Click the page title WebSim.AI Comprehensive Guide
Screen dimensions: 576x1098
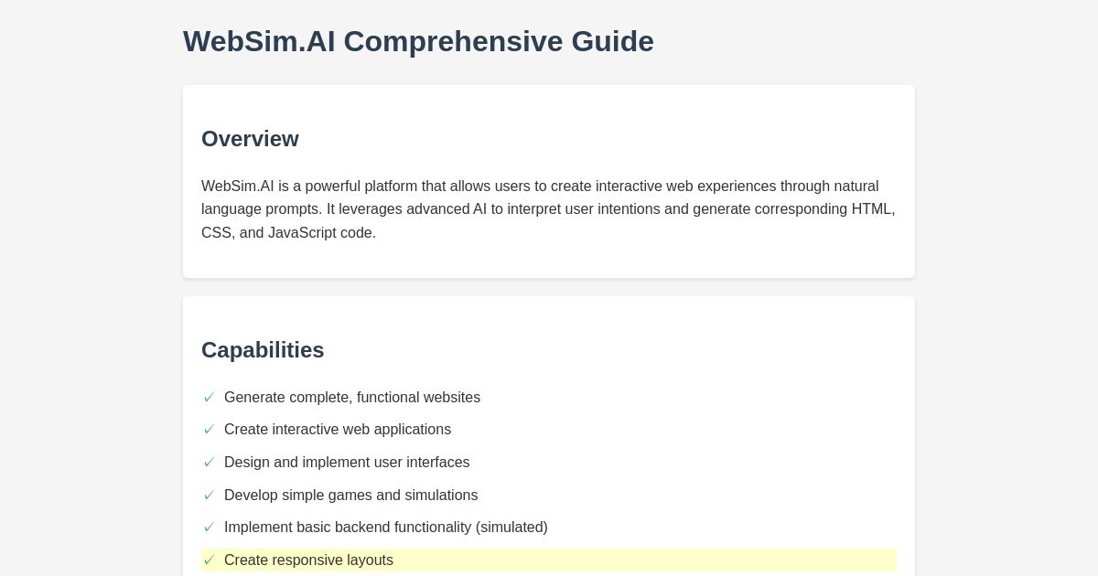click(418, 42)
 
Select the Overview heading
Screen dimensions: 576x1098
click(250, 139)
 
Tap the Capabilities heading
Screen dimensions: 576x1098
click(263, 350)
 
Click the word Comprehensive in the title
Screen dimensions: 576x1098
click(453, 42)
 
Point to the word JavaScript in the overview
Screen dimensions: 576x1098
click(302, 233)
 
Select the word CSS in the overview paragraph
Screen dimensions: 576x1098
click(216, 233)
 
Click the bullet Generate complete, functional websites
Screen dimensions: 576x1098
click(352, 398)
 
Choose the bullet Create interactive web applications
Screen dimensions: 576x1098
click(338, 430)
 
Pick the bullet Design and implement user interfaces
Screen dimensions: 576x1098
click(347, 463)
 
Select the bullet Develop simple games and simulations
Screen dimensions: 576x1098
click(350, 496)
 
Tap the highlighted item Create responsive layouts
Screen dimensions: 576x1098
click(308, 560)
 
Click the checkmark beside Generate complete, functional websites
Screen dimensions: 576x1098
click(209, 398)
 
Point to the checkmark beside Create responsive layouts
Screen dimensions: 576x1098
click(209, 560)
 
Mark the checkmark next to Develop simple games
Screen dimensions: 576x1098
click(209, 496)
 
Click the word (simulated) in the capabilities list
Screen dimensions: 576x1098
click(511, 528)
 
